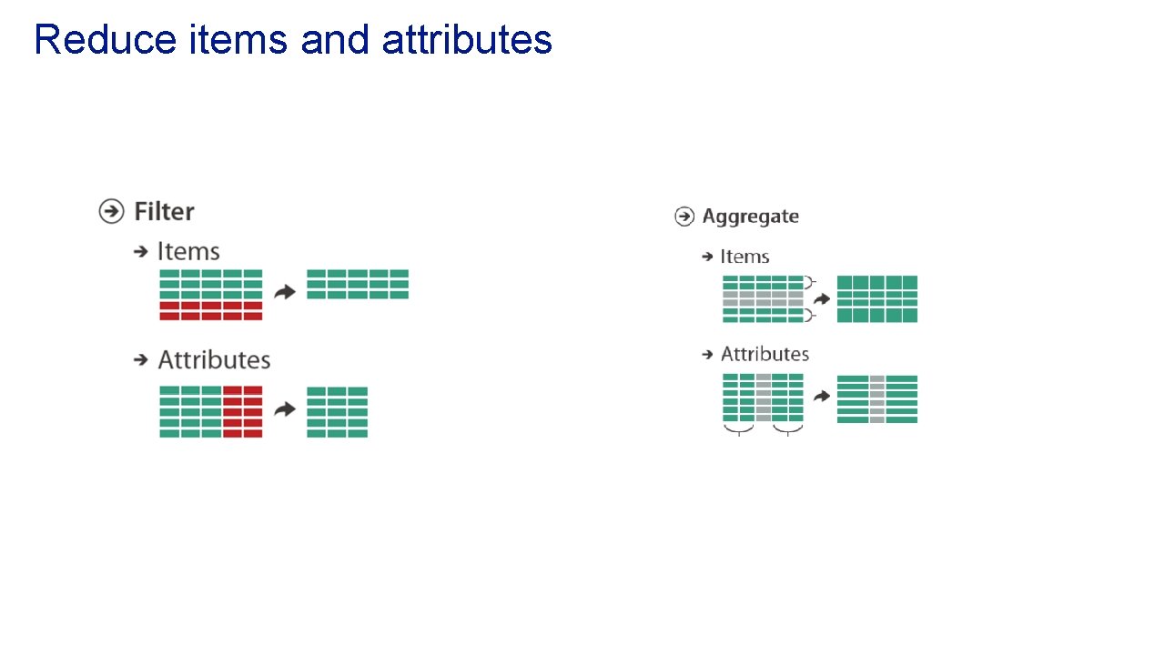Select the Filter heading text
click(164, 212)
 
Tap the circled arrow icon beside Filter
click(111, 211)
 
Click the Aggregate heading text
click(750, 217)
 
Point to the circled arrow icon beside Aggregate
click(684, 217)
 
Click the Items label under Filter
click(188, 251)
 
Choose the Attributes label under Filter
click(214, 360)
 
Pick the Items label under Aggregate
click(745, 257)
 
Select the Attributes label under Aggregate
click(765, 354)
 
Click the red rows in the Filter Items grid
click(210, 311)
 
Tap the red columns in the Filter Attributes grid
click(242, 412)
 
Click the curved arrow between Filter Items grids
click(285, 292)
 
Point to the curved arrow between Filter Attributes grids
click(285, 409)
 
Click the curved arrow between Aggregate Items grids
click(822, 298)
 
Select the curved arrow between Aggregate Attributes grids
click(822, 397)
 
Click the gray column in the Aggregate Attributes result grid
click(876, 399)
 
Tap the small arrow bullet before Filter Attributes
click(141, 360)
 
